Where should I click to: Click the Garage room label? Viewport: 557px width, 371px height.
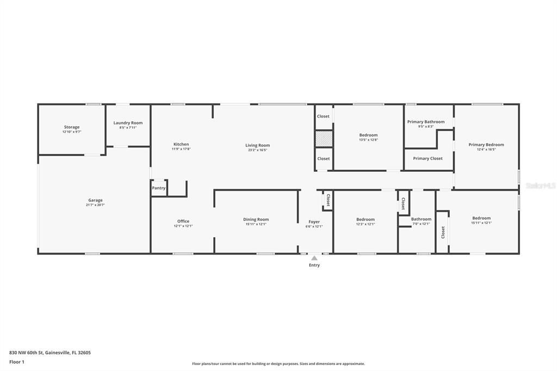(x=95, y=200)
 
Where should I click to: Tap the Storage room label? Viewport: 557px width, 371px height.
(x=72, y=127)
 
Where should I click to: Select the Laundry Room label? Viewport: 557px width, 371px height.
(x=128, y=123)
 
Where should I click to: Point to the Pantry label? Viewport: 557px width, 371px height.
(x=159, y=188)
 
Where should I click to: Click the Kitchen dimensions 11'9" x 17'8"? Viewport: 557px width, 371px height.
(x=181, y=149)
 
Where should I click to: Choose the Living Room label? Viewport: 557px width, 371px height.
(x=257, y=145)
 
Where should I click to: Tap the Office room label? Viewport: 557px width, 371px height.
(x=183, y=221)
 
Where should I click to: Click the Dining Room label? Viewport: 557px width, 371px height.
(x=256, y=219)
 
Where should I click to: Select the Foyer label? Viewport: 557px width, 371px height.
(x=314, y=221)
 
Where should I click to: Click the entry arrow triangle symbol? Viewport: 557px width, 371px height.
(x=314, y=258)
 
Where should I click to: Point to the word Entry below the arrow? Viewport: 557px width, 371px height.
(x=314, y=265)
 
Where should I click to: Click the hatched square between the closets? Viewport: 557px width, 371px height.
(x=324, y=139)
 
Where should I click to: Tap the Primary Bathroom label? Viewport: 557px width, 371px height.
(x=426, y=122)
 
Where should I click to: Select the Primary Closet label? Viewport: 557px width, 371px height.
(x=428, y=158)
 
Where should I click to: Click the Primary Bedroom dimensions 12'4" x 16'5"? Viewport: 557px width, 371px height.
(x=486, y=149)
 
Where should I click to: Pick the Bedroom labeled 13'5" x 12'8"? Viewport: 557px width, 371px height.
(x=368, y=135)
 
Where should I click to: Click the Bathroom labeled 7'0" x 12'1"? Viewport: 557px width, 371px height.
(x=421, y=219)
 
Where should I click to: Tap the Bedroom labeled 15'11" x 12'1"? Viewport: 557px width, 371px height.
(x=481, y=218)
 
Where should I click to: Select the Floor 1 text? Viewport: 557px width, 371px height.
(x=16, y=362)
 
